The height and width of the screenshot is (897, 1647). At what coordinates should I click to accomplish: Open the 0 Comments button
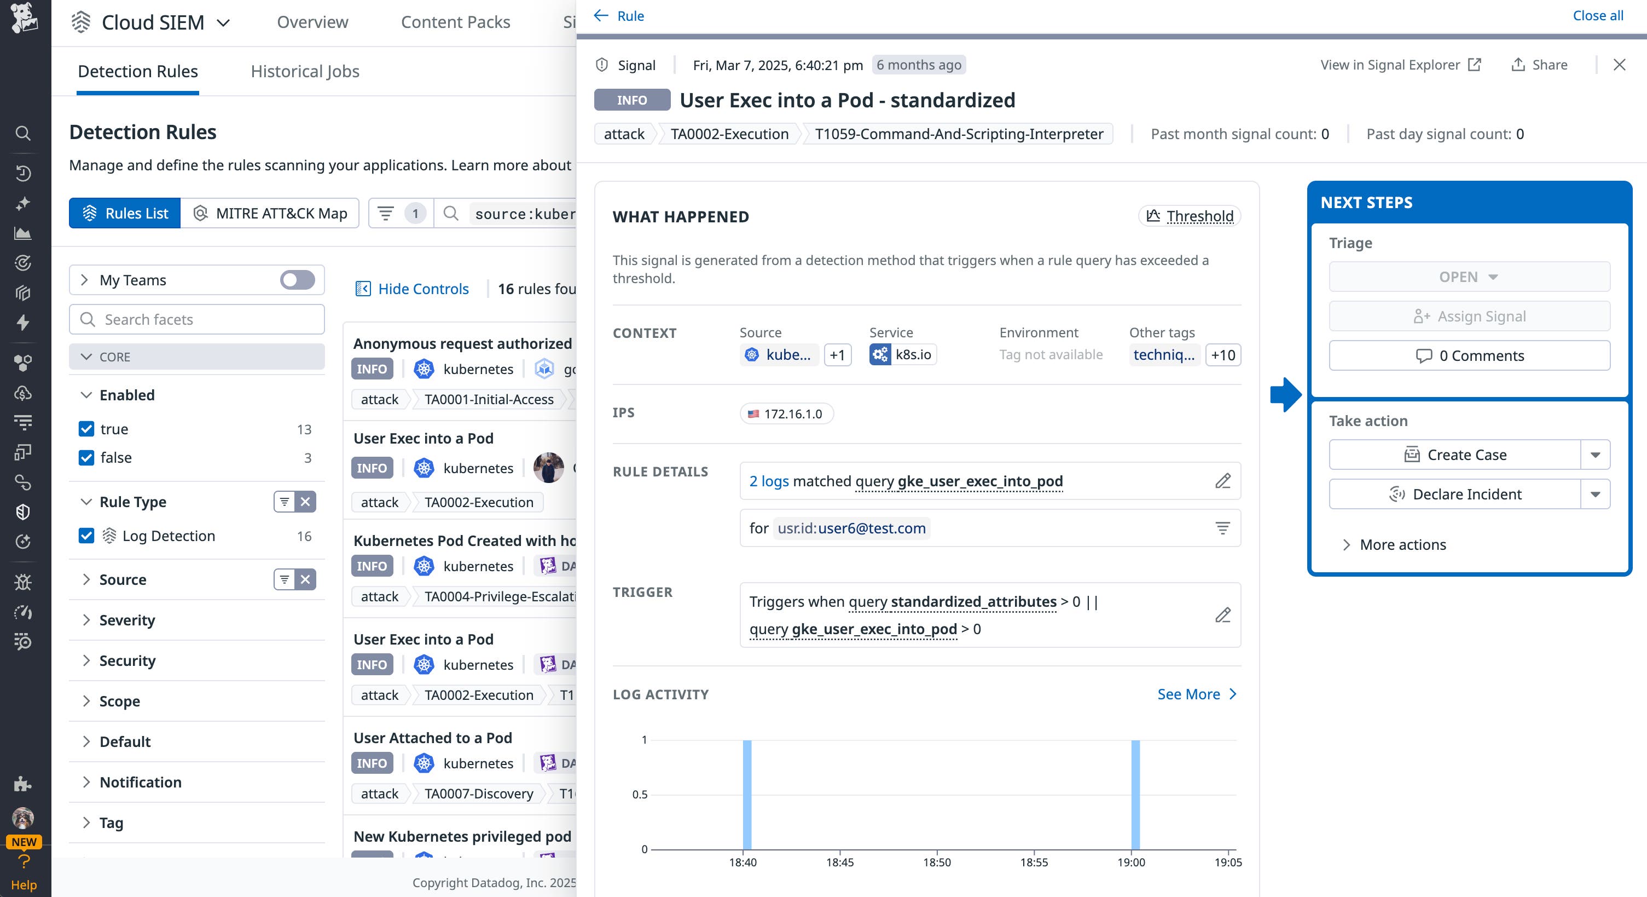pos(1469,356)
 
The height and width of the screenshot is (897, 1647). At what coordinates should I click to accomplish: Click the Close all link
pos(1597,16)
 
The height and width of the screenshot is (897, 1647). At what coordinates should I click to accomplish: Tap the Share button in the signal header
pos(1539,65)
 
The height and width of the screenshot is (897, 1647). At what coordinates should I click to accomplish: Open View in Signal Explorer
pos(1400,65)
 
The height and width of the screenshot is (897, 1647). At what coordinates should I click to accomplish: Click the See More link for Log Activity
pos(1196,694)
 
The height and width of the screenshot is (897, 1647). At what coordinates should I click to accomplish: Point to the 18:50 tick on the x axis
pos(937,862)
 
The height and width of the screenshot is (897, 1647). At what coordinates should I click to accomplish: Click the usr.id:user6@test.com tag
pos(851,528)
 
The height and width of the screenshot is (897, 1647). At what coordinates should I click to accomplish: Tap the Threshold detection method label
pos(1190,216)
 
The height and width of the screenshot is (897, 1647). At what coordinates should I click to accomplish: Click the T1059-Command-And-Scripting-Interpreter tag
pos(959,134)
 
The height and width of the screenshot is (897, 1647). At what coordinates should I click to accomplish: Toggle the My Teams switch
pos(297,280)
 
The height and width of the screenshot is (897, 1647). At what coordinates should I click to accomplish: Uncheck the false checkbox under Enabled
pos(86,457)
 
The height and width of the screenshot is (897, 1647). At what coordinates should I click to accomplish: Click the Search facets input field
pos(197,319)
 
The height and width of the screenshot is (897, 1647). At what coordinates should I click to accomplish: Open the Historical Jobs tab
pos(304,71)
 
